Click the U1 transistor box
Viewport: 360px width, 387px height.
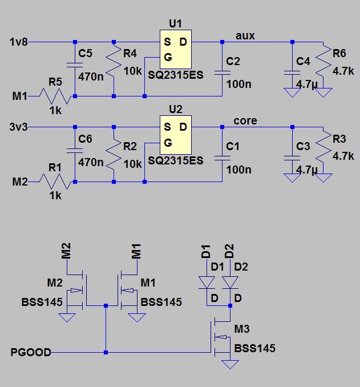(x=175, y=50)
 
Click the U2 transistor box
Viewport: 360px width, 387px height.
(x=175, y=134)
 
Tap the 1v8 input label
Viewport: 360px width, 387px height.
(x=18, y=42)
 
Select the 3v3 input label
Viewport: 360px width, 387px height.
(x=18, y=126)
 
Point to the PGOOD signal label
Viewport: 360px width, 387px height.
(x=31, y=353)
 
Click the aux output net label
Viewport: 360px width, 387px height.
(x=245, y=35)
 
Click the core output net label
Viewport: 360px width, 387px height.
(x=245, y=120)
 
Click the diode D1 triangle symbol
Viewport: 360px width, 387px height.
(x=206, y=283)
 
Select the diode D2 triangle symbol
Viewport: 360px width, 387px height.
(x=230, y=283)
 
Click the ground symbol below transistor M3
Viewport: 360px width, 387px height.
(x=230, y=365)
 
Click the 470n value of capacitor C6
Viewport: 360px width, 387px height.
(x=90, y=162)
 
